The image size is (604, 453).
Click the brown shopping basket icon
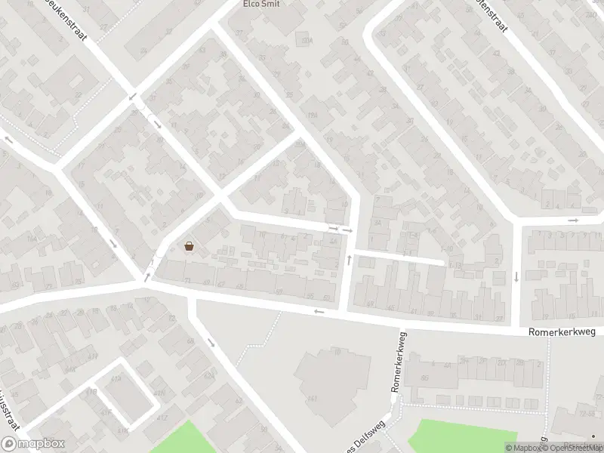click(x=189, y=245)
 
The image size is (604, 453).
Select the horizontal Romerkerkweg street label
click(x=562, y=331)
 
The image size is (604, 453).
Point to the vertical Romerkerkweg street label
click(x=397, y=363)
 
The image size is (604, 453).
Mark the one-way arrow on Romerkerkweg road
click(x=319, y=310)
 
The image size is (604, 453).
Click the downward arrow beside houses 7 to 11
click(x=516, y=276)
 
